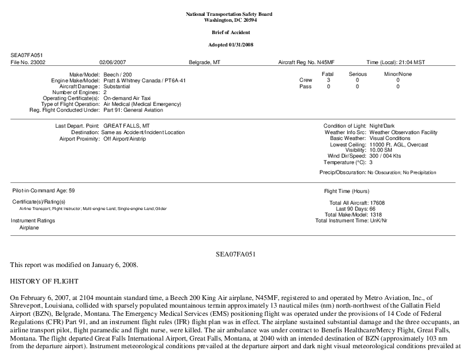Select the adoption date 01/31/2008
(x=245, y=45)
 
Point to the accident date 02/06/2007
(x=114, y=62)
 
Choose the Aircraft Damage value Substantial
(x=118, y=86)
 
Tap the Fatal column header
(x=328, y=74)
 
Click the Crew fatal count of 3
(x=328, y=80)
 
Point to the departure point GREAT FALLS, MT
(x=127, y=126)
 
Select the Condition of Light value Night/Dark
(x=385, y=126)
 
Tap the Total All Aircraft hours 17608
(x=377, y=203)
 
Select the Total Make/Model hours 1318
(x=375, y=215)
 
